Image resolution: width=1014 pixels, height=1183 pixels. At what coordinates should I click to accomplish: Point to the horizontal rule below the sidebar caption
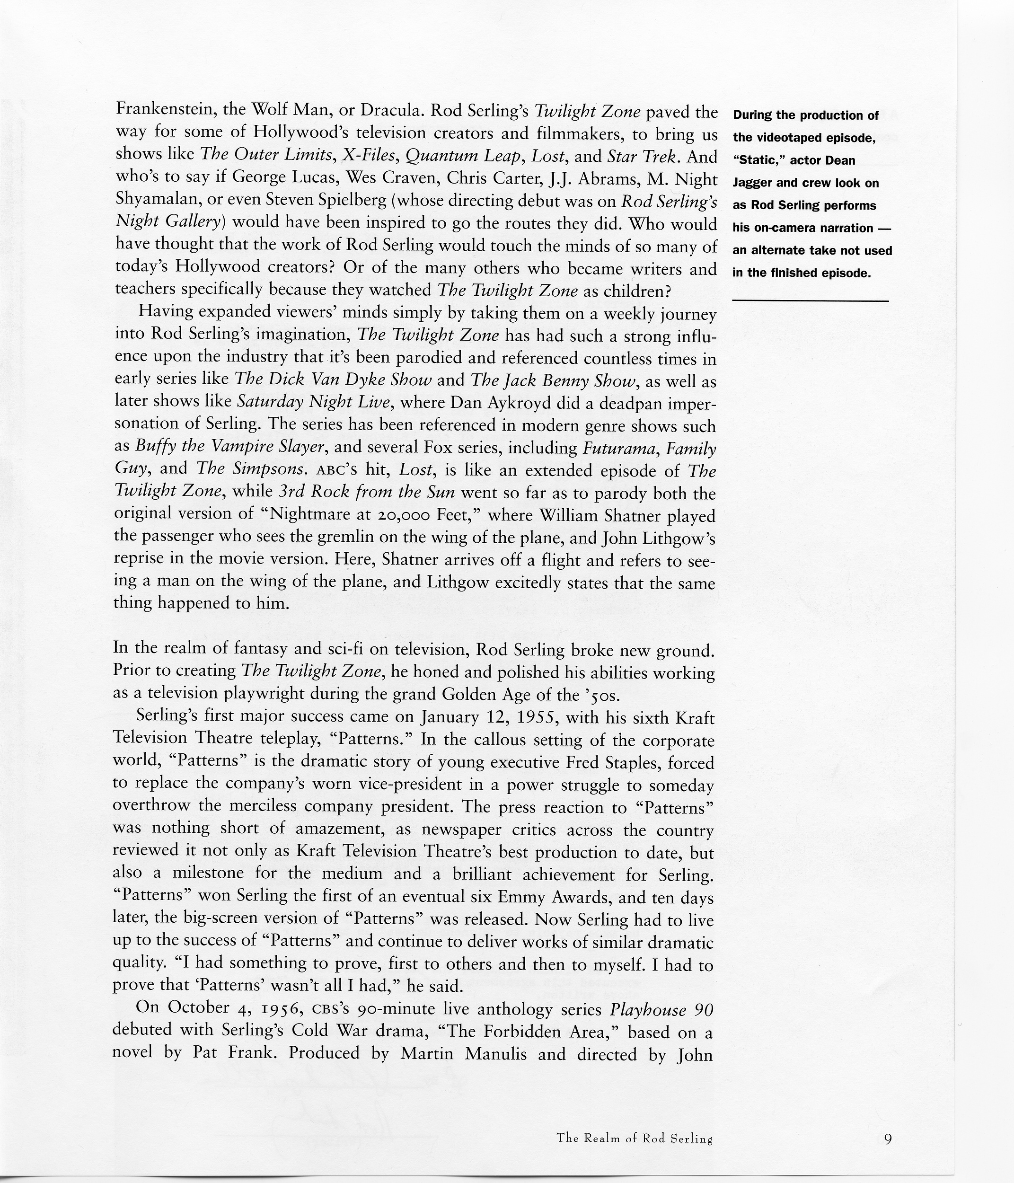[810, 301]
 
